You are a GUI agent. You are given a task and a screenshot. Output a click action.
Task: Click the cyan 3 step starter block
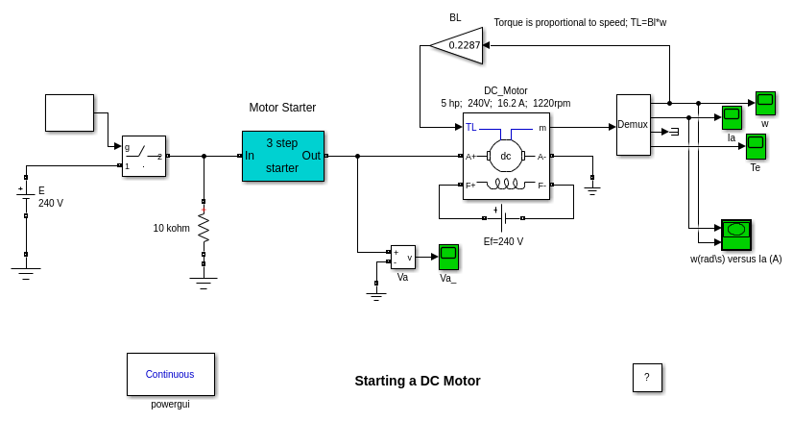pos(282,156)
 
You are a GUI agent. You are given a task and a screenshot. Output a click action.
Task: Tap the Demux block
pos(633,124)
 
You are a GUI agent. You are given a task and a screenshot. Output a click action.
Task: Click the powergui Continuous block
pos(170,374)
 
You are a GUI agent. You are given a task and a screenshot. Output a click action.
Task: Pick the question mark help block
pos(647,378)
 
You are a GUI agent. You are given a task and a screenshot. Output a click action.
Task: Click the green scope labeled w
pos(765,103)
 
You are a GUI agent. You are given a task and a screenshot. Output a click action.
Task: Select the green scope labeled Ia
pos(732,117)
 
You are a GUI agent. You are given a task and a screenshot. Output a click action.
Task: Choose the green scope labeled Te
pos(756,146)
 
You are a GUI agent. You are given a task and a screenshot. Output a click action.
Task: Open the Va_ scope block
pos(448,257)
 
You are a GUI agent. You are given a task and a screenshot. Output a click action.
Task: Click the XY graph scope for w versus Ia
pos(736,235)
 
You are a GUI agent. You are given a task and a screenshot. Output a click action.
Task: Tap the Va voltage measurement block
pos(403,257)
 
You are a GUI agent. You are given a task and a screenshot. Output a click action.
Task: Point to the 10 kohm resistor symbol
pos(204,228)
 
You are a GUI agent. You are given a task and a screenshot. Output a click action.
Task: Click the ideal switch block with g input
pos(144,156)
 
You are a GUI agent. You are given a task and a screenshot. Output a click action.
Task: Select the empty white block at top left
pos(69,112)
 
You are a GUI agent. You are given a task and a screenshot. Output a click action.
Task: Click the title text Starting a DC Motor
pos(418,381)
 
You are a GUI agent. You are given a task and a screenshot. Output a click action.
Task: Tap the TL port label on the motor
pos(471,127)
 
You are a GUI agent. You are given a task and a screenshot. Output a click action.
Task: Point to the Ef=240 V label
pos(503,242)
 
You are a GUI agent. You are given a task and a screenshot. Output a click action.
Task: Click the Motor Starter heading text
pos(282,108)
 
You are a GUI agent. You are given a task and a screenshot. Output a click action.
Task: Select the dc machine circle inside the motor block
pos(506,156)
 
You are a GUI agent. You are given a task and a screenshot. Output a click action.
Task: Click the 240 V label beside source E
pos(51,204)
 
